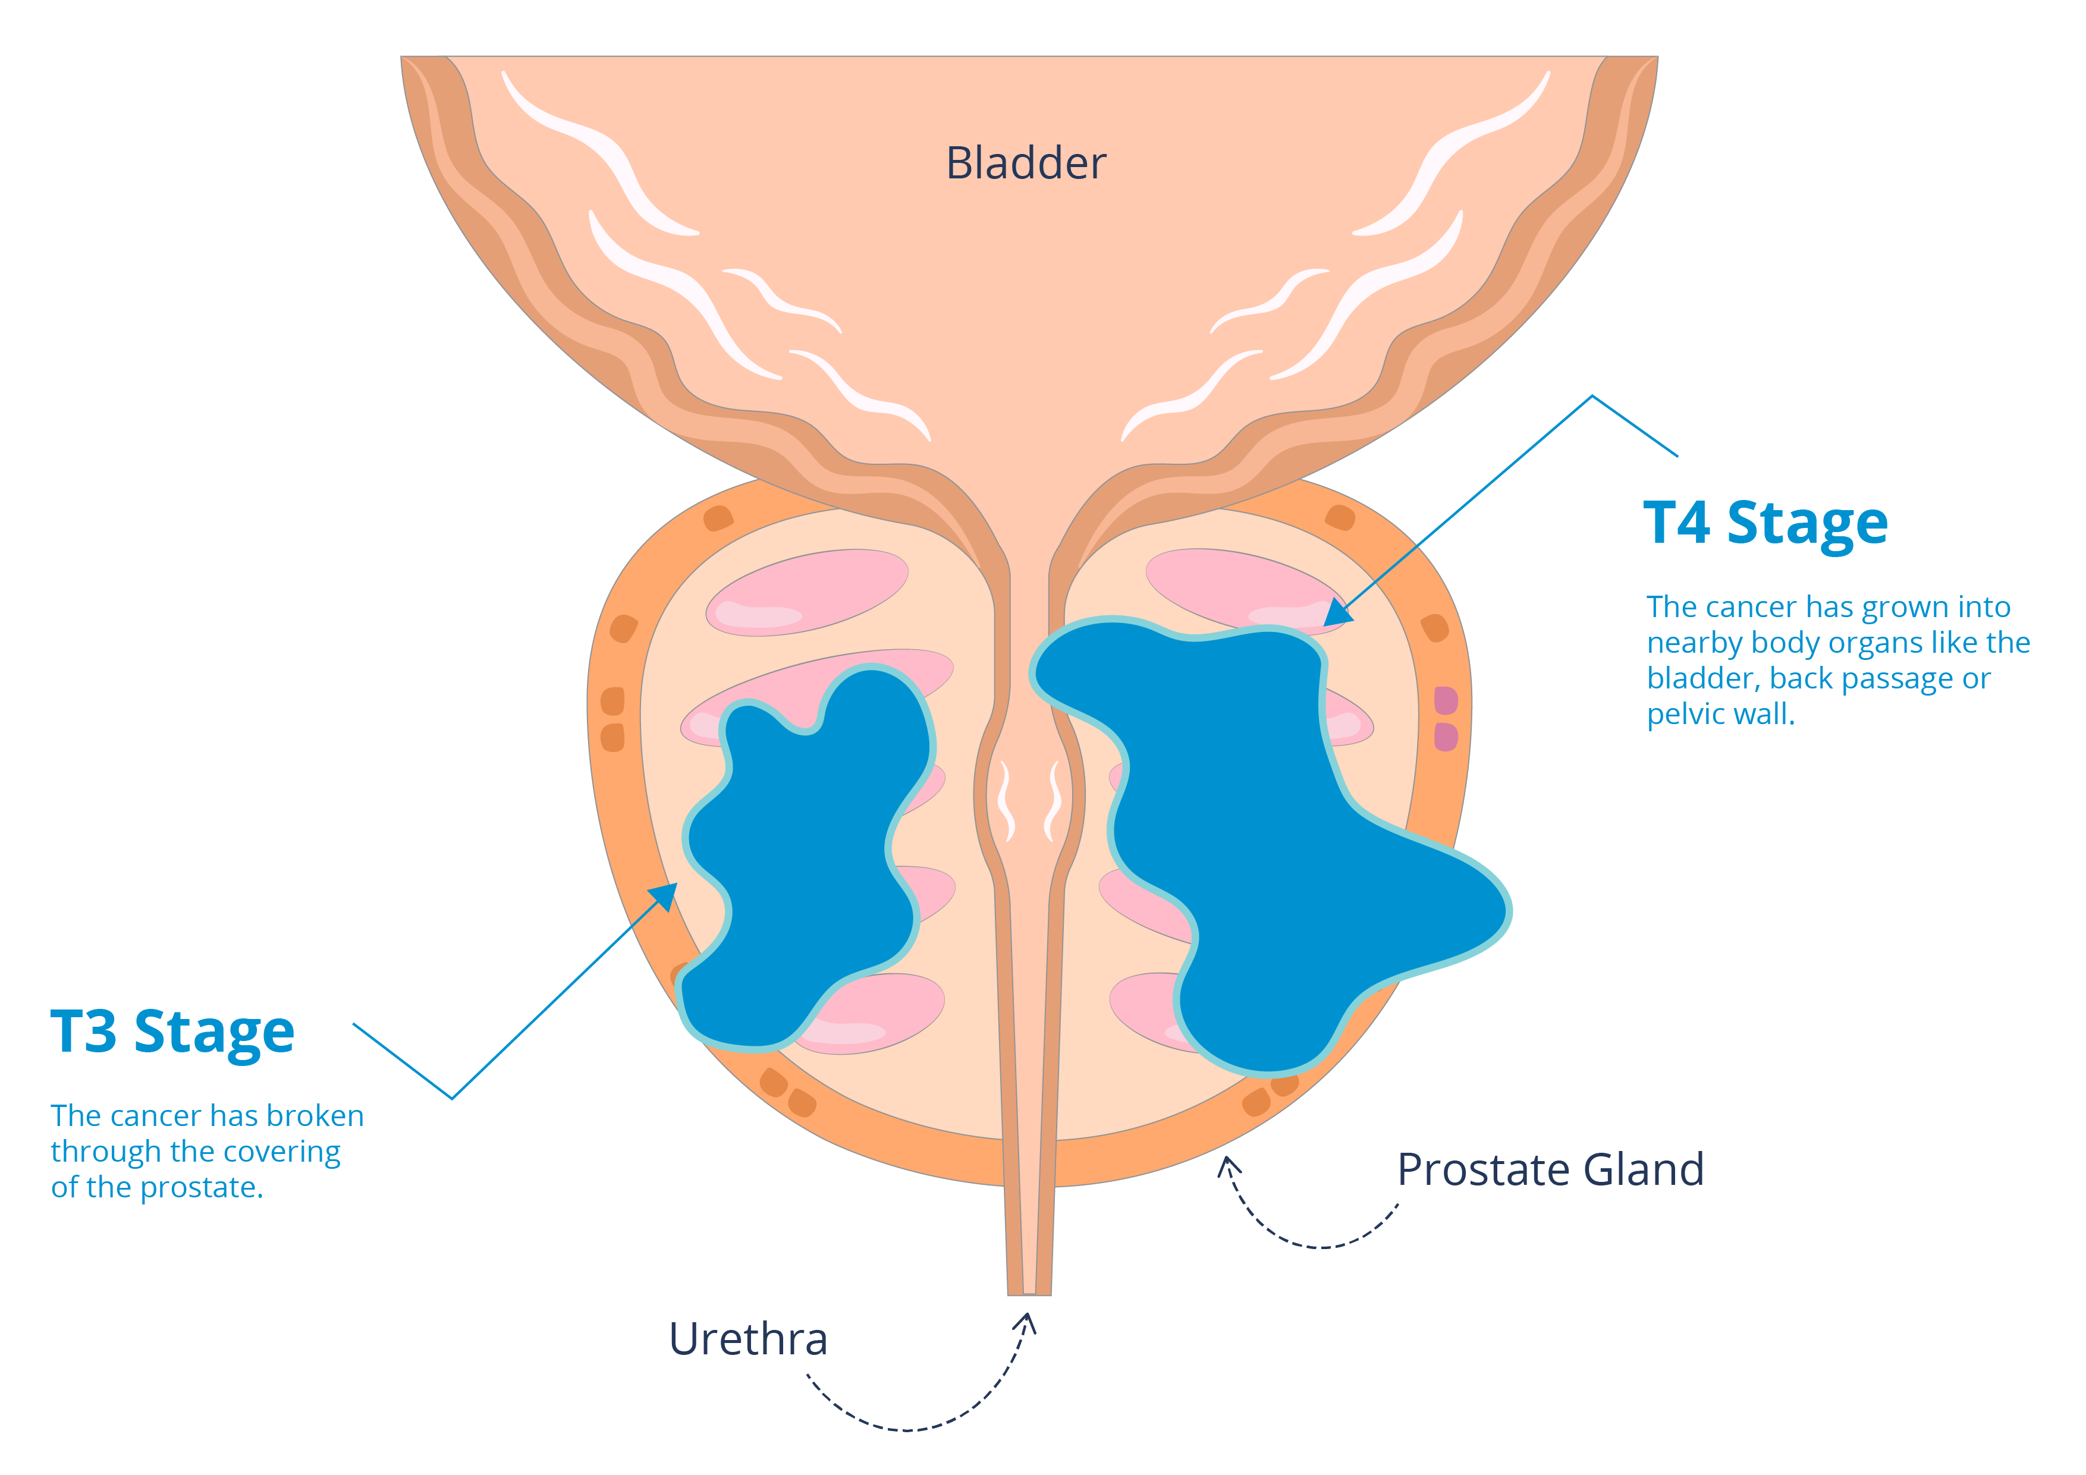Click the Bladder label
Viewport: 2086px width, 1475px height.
coord(1026,163)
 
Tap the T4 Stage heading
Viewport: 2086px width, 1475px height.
coord(1765,523)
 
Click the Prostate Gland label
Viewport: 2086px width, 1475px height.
coord(1550,1170)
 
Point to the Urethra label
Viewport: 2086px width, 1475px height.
coord(747,1339)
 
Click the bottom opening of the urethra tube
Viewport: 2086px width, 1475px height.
coord(1029,1291)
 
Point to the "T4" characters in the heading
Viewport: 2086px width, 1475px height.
coord(1677,523)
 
